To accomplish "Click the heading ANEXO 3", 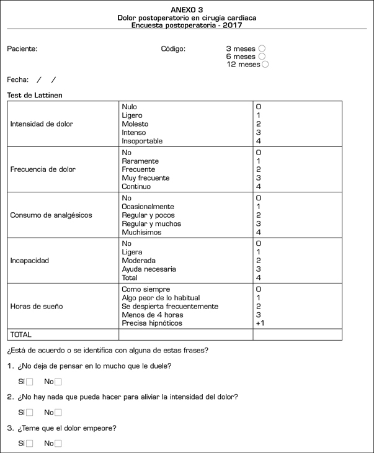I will tap(187, 10).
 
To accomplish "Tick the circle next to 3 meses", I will tap(262, 48).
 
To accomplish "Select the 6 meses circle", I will tap(262, 56).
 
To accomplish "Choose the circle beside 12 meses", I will tap(265, 65).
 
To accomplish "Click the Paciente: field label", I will tap(22, 48).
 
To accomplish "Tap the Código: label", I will tap(173, 48).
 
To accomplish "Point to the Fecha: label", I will tap(18, 79).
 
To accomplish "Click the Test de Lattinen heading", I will tap(34, 96).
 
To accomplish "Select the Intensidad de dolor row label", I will tap(42, 124).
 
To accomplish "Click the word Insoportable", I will tap(143, 141).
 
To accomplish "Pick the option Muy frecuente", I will tap(146, 178).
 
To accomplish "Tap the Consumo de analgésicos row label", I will tap(51, 215).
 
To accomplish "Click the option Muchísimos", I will tap(142, 233).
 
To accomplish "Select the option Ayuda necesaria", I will tap(149, 269).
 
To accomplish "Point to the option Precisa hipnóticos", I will tap(153, 323).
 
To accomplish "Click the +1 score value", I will tap(261, 323).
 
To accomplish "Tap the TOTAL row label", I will tap(21, 334).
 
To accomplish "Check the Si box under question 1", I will tap(29, 382).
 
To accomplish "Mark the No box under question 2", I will tap(58, 413).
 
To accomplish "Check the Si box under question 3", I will tap(29, 444).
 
